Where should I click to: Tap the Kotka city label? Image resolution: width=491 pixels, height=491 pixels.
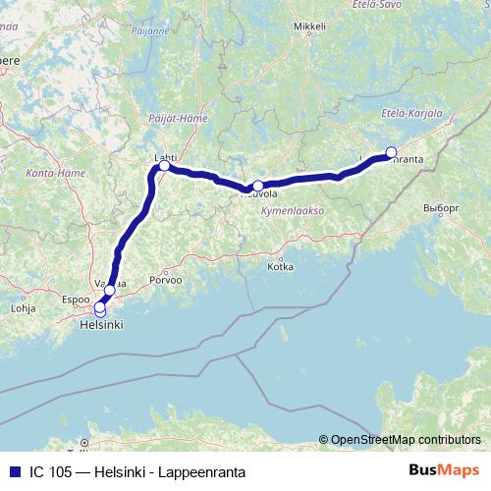point(280,266)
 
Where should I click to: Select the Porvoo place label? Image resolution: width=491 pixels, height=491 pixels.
point(167,280)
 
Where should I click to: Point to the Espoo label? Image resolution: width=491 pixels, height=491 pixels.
point(75,296)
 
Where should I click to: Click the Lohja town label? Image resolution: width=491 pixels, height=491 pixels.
point(22,307)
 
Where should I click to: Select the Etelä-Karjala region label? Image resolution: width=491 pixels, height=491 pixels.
point(413,114)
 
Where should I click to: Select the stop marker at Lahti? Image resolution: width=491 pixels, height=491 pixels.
point(164,166)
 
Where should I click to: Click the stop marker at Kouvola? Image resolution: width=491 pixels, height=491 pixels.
point(258,186)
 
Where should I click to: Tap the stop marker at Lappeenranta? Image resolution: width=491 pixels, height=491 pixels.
point(391,151)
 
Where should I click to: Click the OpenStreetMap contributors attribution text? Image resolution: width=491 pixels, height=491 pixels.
point(405,439)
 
